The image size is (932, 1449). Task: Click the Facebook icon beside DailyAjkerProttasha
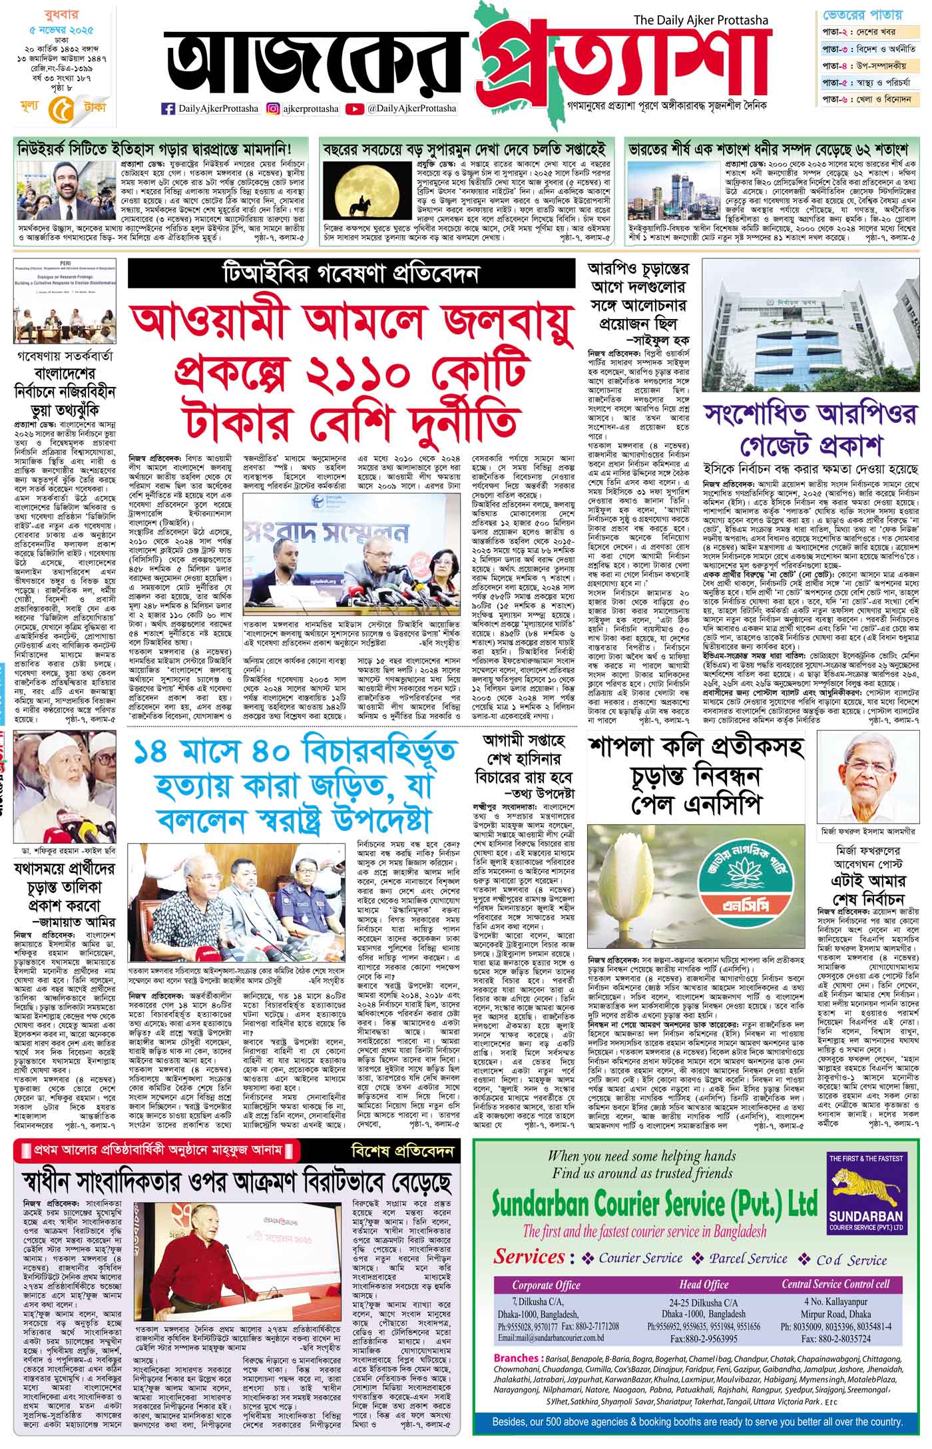pyautogui.click(x=168, y=109)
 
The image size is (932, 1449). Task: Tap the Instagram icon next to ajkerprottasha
pyautogui.click(x=273, y=109)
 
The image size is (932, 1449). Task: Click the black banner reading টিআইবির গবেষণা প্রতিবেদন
pyautogui.click(x=351, y=273)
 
